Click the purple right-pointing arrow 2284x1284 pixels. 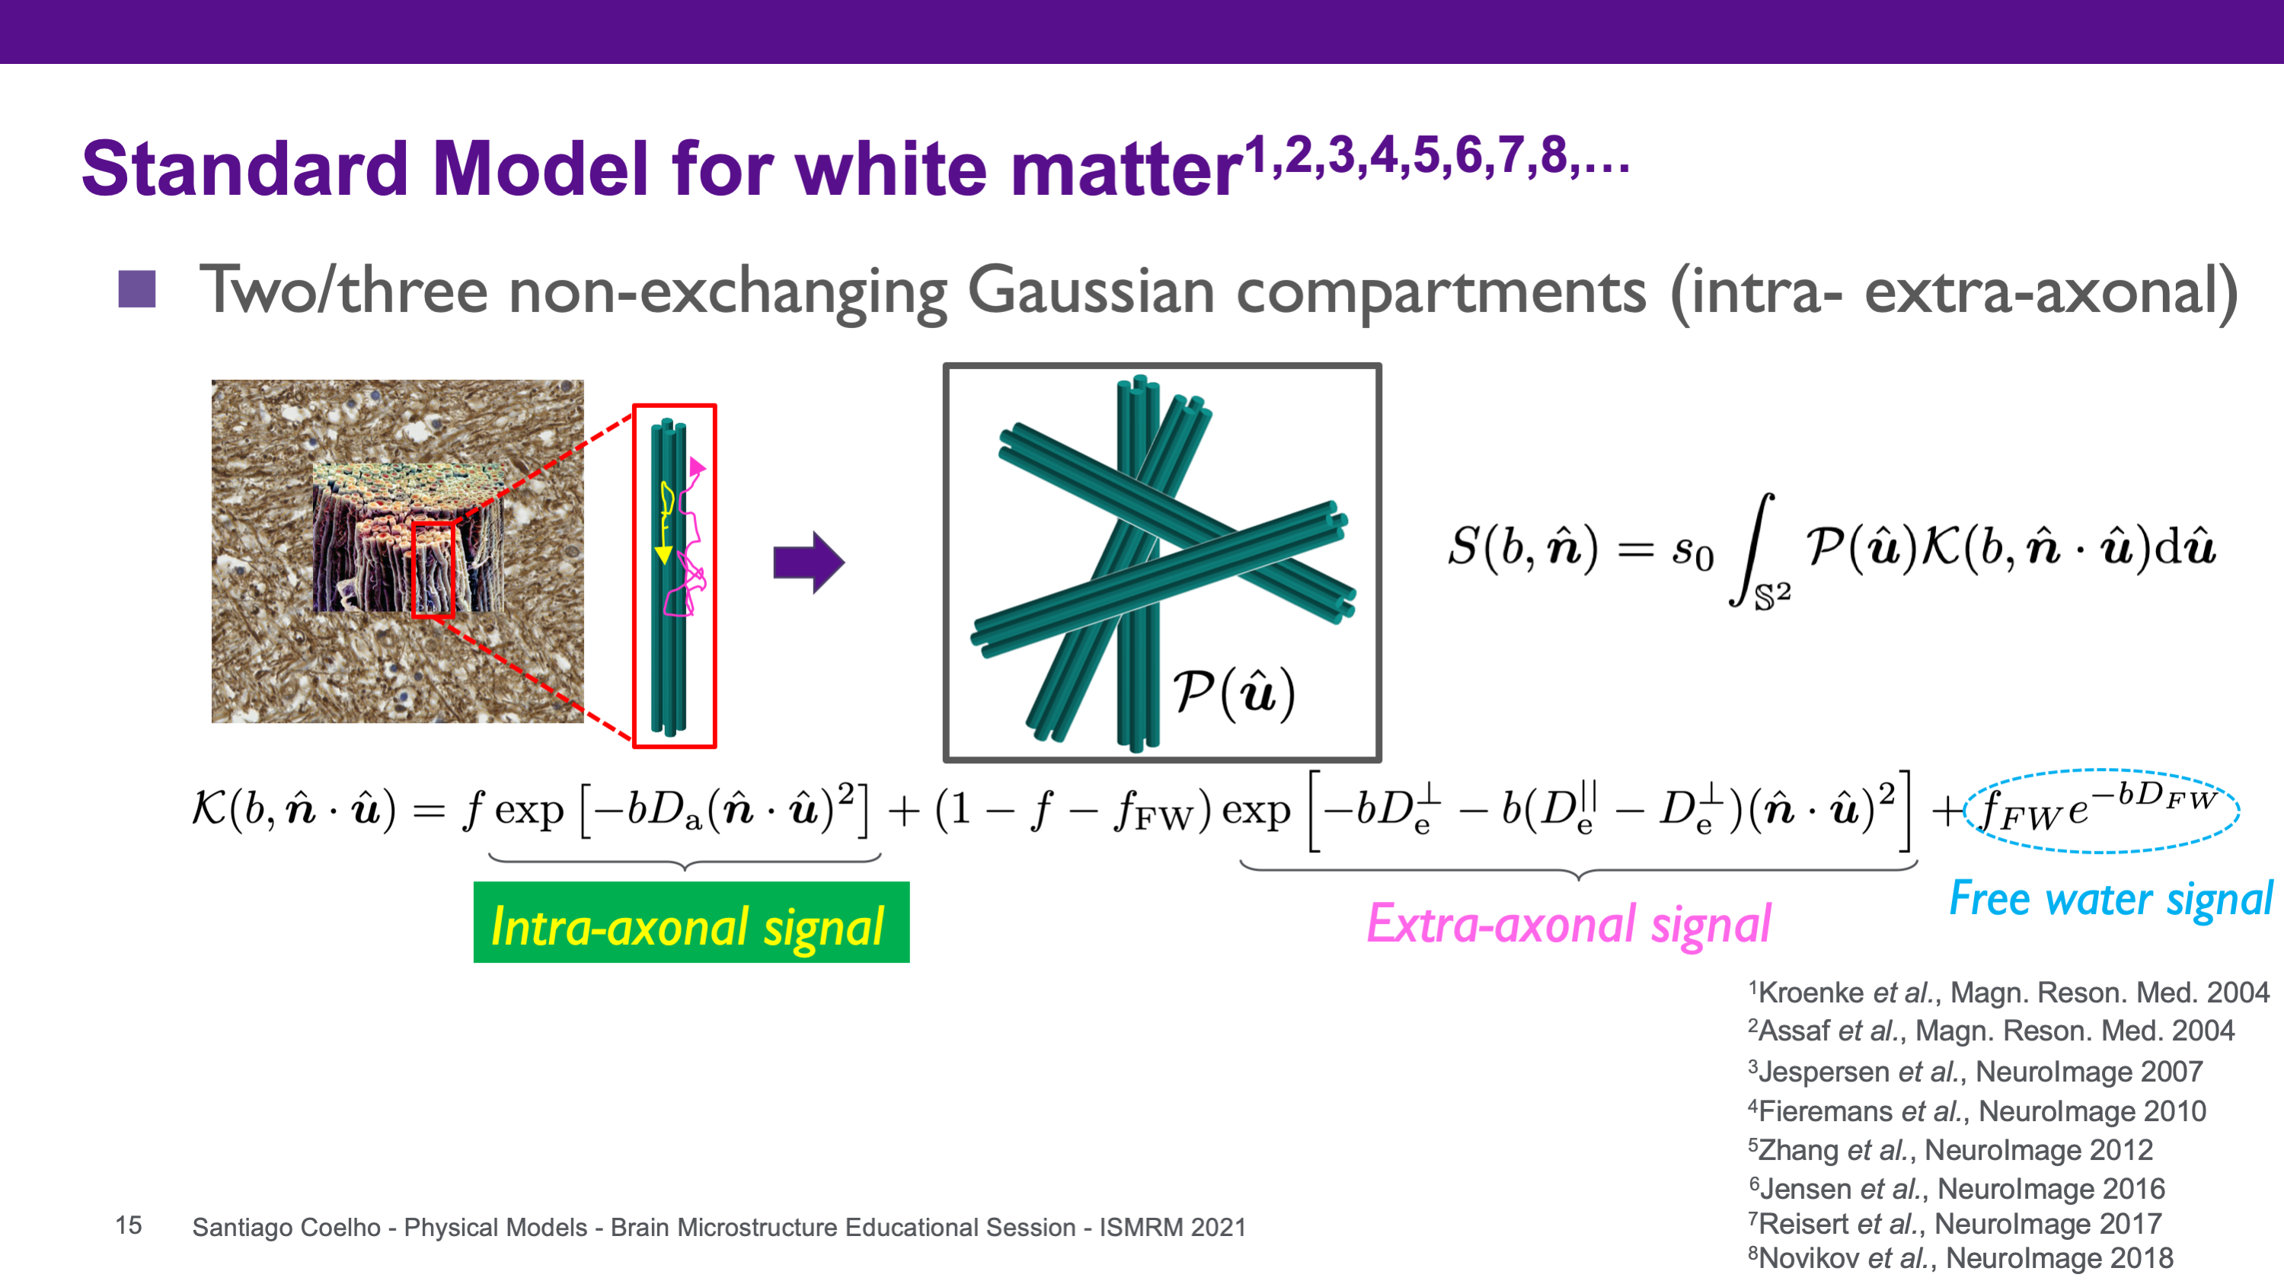809,562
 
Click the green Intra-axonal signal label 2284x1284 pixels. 691,922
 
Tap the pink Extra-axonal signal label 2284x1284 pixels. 1568,924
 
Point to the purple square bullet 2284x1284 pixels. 136,289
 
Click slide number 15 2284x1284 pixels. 129,1225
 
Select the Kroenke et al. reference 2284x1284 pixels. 2008,992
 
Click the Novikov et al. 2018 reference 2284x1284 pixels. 1960,1257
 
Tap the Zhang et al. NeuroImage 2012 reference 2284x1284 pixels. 1950,1149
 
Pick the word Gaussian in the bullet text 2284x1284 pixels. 1091,292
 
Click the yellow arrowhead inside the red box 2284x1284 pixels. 663,555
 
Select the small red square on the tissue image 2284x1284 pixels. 433,570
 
